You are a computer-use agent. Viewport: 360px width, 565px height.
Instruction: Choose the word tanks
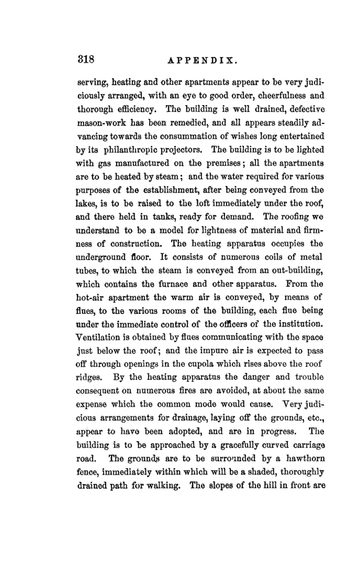[163, 217]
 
